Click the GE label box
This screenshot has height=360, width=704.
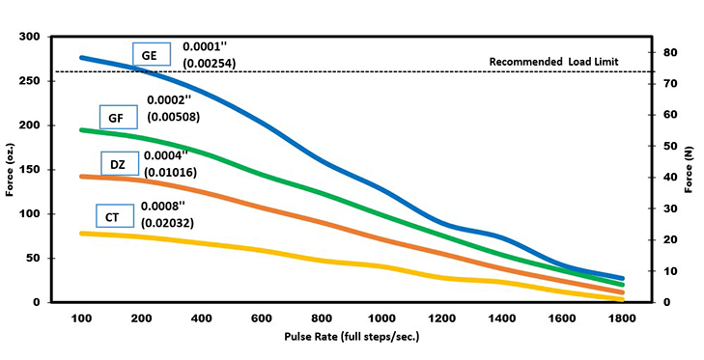(x=150, y=56)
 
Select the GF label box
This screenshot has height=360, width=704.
(x=115, y=117)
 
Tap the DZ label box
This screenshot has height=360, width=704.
(x=117, y=164)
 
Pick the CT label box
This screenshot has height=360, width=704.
(x=113, y=218)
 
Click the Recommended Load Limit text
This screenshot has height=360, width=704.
(x=552, y=62)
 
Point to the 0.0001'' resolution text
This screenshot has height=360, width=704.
(x=206, y=46)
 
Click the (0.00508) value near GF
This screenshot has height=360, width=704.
(x=174, y=117)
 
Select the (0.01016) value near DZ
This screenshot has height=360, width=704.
(x=171, y=171)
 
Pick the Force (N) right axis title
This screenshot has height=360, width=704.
(x=690, y=170)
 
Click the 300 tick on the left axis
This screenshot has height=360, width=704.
(x=31, y=37)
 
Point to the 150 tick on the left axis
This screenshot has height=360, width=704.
(x=31, y=170)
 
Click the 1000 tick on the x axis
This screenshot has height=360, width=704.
(x=381, y=319)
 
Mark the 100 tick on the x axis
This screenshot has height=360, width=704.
(x=82, y=319)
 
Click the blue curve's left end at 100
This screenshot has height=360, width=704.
(x=82, y=58)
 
